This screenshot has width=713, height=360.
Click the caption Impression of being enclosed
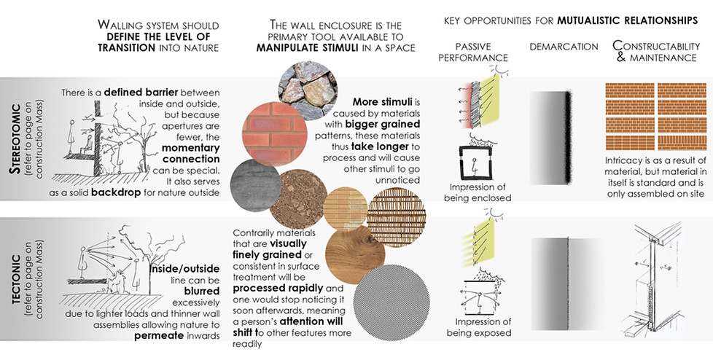pyautogui.click(x=480, y=192)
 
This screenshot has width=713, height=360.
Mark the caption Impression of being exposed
pyautogui.click(x=480, y=329)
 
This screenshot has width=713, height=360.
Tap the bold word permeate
pyautogui.click(x=161, y=336)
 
